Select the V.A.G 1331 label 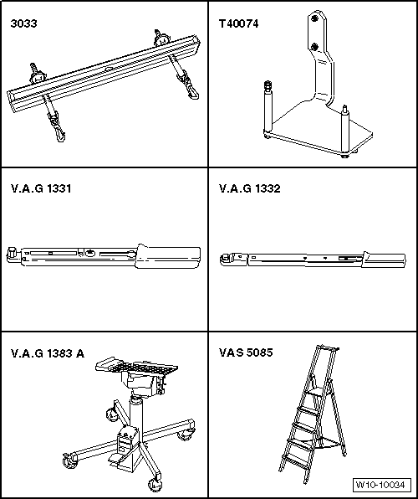pyautogui.click(x=41, y=188)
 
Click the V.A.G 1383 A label pyautogui.click(x=48, y=353)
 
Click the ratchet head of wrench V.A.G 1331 pyautogui.click(x=13, y=251)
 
